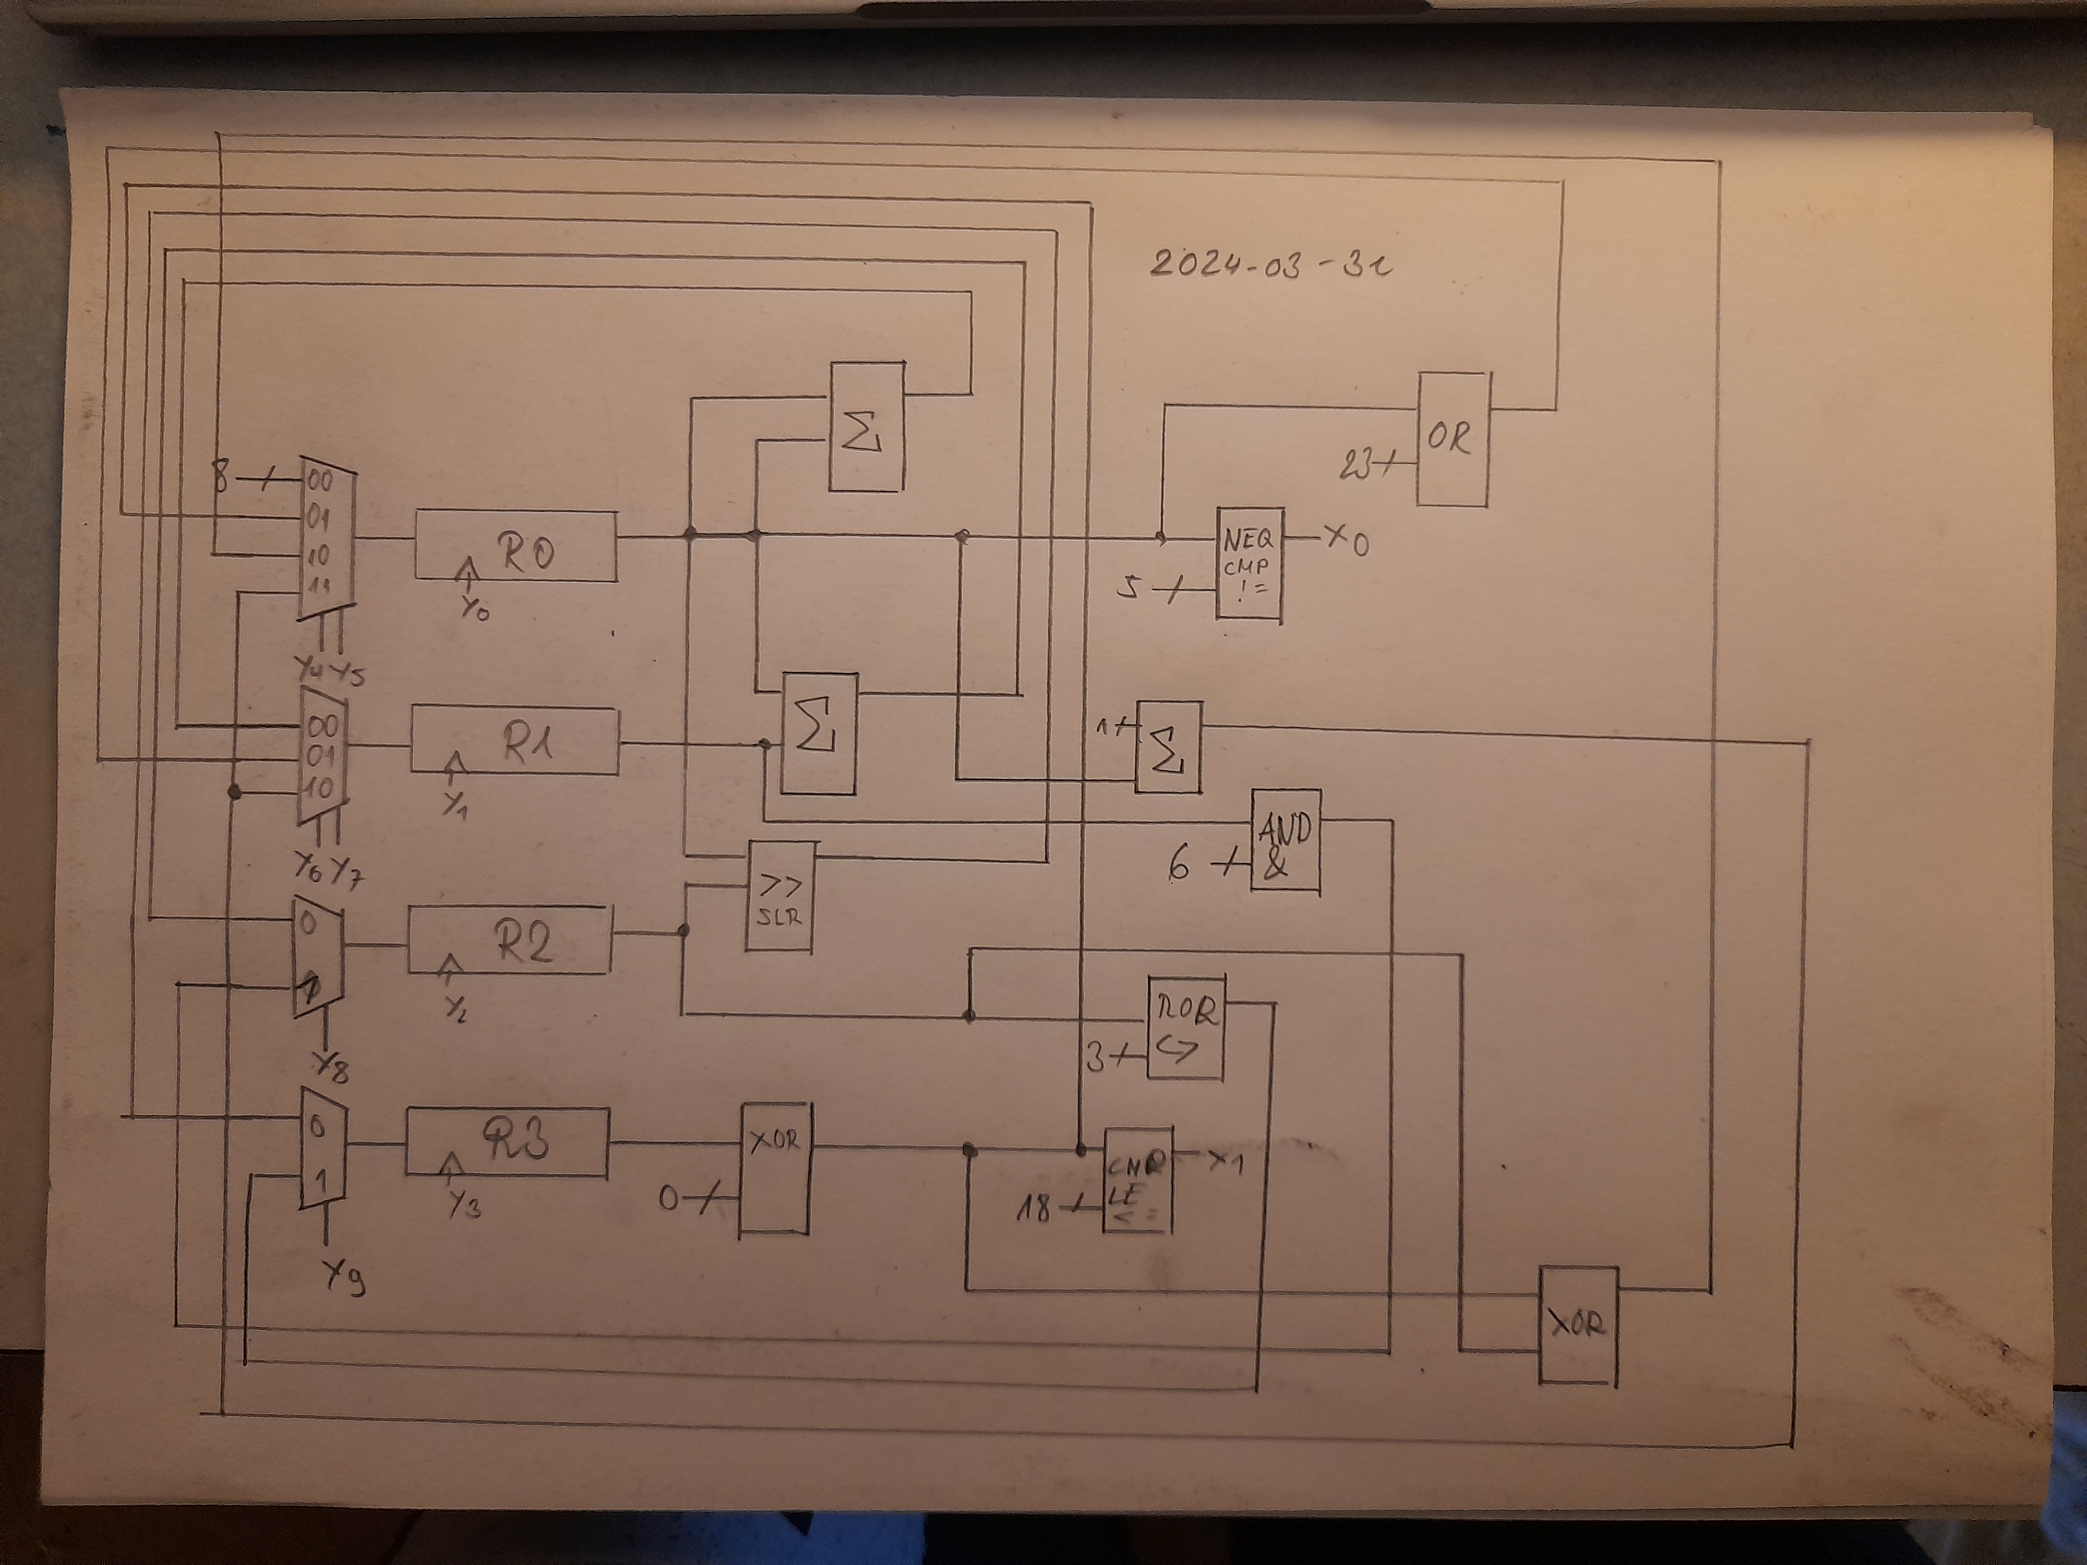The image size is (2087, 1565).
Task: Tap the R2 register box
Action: [x=509, y=940]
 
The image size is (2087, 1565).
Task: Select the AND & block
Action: [x=1285, y=840]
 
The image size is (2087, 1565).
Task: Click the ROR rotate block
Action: [x=1185, y=1028]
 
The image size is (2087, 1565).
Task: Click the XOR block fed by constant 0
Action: [x=774, y=1168]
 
